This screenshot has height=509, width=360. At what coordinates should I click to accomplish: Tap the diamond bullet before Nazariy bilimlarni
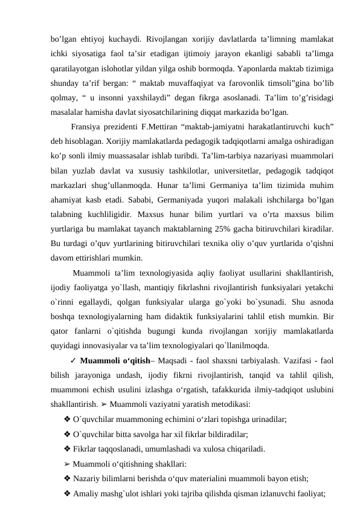(x=66, y=478)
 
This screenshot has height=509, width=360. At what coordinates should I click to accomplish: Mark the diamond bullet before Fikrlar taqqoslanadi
(x=66, y=449)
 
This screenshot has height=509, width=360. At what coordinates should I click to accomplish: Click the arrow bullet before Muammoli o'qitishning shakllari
(x=66, y=464)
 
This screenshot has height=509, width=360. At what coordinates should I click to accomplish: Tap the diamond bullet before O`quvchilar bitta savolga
(x=66, y=434)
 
